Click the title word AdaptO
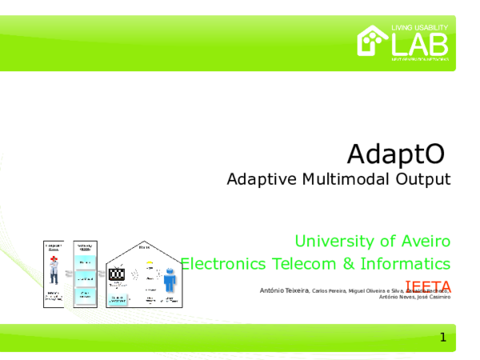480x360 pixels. tap(394, 151)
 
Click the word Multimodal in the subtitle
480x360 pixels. tap(347, 178)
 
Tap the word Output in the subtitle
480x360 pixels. tap(423, 178)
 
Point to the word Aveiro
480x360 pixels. tap(425, 240)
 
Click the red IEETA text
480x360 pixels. tap(428, 286)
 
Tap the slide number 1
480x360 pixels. tap(442, 338)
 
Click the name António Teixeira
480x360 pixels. tap(285, 290)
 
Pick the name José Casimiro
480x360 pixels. tap(433, 297)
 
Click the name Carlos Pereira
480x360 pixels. tap(329, 290)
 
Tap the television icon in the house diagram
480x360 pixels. tap(117, 274)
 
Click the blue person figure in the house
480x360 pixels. tap(170, 281)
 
